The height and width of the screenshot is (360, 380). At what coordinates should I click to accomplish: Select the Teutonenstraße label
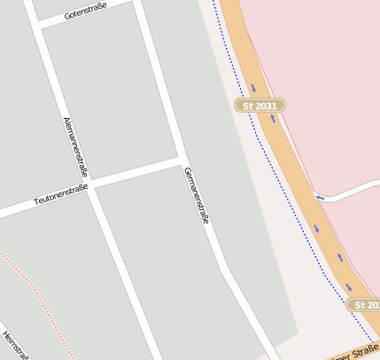click(x=61, y=195)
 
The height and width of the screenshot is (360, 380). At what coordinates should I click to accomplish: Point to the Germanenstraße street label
click(x=196, y=195)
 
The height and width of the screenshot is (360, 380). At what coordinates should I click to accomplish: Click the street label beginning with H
click(x=17, y=344)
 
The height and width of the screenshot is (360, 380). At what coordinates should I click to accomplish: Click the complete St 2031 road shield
click(x=260, y=106)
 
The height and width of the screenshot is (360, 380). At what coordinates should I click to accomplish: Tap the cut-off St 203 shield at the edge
click(x=364, y=305)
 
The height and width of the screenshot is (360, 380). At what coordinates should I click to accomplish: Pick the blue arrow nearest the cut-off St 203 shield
click(x=349, y=287)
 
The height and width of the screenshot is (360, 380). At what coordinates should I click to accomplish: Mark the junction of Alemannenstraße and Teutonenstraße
click(x=89, y=188)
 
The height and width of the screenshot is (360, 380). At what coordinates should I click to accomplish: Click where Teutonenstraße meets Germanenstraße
click(x=180, y=163)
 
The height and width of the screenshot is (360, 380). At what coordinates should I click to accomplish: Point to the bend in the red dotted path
click(x=33, y=285)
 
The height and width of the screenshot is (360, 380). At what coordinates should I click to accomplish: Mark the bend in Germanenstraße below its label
click(x=221, y=267)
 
